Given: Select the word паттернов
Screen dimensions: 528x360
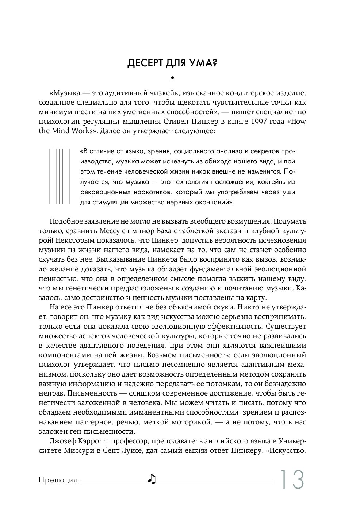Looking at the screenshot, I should (94, 422).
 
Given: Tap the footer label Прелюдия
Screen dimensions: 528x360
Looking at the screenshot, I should (58, 480).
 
